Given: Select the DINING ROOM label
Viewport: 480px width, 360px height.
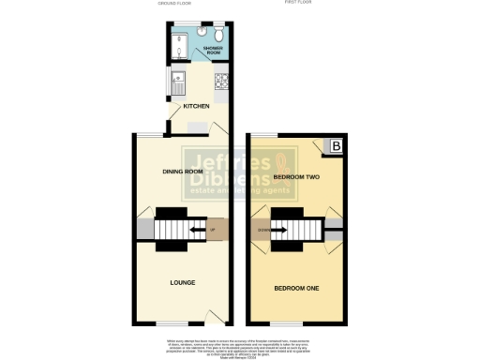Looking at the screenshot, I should point(183,172).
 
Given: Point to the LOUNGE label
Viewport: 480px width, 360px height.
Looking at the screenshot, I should point(182,280).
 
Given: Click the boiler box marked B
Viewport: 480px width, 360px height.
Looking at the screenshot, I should point(333,147).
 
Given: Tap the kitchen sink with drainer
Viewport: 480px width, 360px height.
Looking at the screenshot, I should point(176,82).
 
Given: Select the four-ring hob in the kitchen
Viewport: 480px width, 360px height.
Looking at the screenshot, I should point(221,82).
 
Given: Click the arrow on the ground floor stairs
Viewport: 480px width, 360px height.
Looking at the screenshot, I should point(198,229).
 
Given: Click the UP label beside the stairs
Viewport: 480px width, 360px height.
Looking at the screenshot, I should point(213,229).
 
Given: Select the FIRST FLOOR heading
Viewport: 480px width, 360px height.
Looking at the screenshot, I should point(297,3).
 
